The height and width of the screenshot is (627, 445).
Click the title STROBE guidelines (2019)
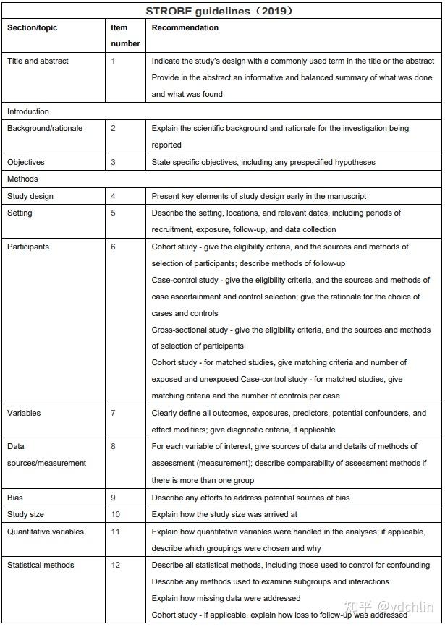point(222,11)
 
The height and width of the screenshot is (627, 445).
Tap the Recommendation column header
point(185,28)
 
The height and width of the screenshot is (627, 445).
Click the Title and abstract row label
point(38,61)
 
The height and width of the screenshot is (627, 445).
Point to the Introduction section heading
point(28,111)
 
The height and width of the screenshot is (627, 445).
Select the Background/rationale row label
point(45,128)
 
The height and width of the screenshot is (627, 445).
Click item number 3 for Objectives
point(113,162)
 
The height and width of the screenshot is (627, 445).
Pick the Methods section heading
point(22,179)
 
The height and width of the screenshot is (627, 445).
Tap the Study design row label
point(30,196)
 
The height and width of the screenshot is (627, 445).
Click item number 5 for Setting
point(113,213)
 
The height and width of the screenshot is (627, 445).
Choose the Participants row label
point(28,247)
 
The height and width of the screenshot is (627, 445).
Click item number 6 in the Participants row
point(113,247)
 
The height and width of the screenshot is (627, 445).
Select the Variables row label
point(24,413)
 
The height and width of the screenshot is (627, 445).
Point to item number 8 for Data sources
point(113,447)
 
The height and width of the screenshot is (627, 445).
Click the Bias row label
point(15,498)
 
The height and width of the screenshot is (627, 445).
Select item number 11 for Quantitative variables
point(115,532)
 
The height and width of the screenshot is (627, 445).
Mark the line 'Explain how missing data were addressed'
point(226,598)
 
